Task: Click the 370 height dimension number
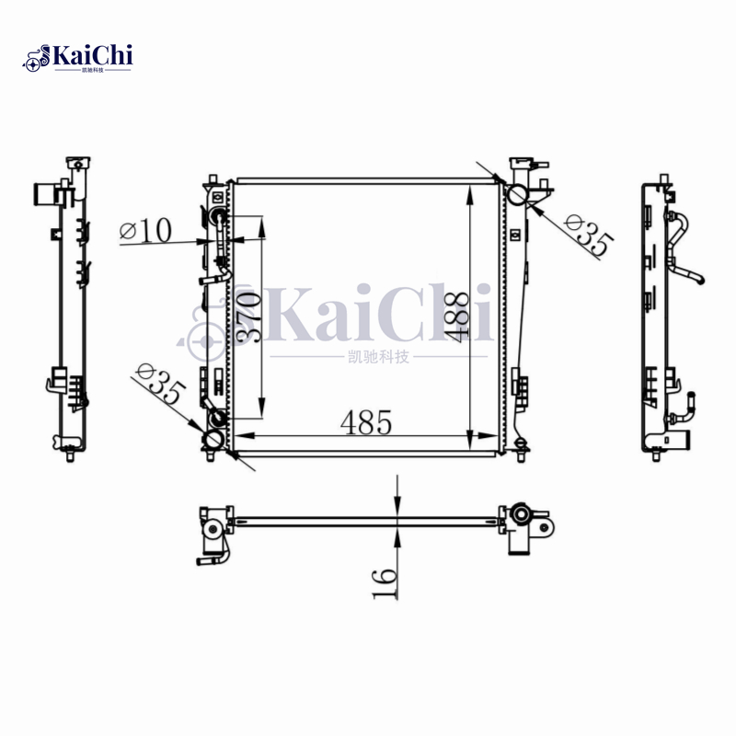click(x=249, y=317)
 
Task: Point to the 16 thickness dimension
click(x=385, y=582)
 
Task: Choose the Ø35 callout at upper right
click(x=587, y=236)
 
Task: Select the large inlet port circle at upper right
click(x=518, y=194)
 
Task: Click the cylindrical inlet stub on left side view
click(x=42, y=194)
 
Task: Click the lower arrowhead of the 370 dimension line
click(x=263, y=414)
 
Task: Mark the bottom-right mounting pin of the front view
click(x=522, y=449)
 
